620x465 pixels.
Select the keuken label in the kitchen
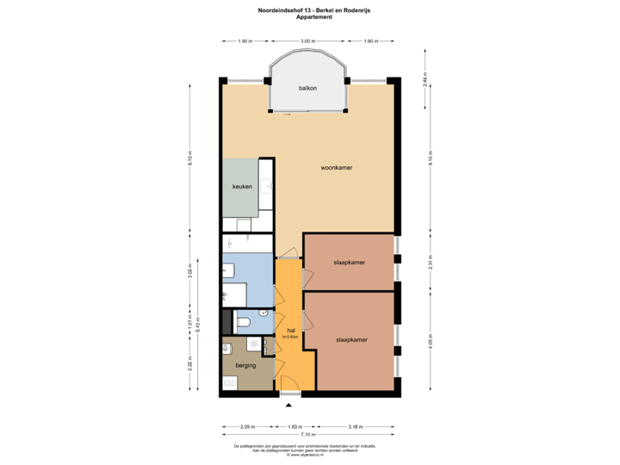(241, 187)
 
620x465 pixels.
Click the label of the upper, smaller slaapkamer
(348, 262)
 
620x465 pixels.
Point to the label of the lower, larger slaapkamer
(351, 339)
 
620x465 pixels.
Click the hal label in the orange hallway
(291, 330)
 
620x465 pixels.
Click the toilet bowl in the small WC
(244, 322)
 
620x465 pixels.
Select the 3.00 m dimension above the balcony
(307, 41)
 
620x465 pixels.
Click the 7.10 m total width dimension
(307, 434)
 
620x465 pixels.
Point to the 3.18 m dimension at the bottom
(355, 426)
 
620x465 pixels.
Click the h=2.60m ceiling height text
(290, 337)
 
